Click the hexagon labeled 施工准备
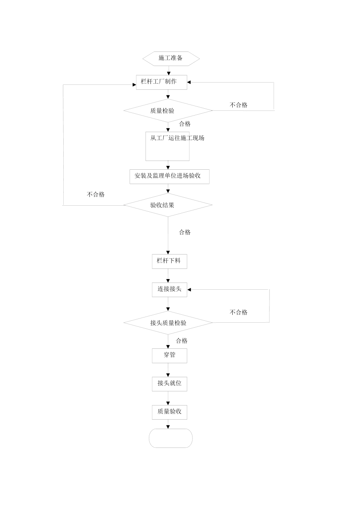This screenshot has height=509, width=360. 171,58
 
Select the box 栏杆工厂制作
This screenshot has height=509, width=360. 161,82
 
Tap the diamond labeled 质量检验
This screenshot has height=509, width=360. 168,111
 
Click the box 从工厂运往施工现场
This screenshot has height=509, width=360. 167,146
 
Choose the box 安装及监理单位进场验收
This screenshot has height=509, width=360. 169,176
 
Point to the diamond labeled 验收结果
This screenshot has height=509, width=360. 168,205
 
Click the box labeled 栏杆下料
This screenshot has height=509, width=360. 169,261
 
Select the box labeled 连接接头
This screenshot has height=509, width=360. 169,289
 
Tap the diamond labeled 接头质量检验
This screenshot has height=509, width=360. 168,323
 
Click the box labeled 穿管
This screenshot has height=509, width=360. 169,355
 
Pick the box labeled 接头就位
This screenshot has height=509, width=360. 169,383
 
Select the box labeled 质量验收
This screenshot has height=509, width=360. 169,412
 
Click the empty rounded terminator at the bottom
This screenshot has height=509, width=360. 171,438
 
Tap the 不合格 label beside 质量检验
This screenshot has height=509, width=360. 238,105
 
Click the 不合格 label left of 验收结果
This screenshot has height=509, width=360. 95,195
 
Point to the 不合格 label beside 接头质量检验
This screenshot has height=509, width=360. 238,312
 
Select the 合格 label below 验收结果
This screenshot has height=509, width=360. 185,233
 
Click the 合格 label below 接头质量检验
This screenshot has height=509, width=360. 182,341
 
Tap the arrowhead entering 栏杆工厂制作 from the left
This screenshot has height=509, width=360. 134,85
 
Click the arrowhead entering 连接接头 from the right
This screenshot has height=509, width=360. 189,290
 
